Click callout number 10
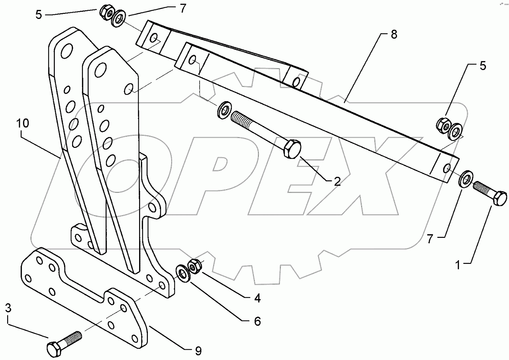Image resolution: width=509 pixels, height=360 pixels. [23, 123]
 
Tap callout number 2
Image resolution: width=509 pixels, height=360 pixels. [337, 182]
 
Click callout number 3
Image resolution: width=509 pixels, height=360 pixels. [8, 308]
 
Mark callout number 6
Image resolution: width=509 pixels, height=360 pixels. [258, 321]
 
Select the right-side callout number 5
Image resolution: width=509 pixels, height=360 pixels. [483, 66]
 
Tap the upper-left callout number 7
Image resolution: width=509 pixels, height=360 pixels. [183, 8]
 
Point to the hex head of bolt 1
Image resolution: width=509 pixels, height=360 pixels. [500, 198]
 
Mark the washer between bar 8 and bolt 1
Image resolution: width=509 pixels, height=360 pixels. [465, 178]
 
